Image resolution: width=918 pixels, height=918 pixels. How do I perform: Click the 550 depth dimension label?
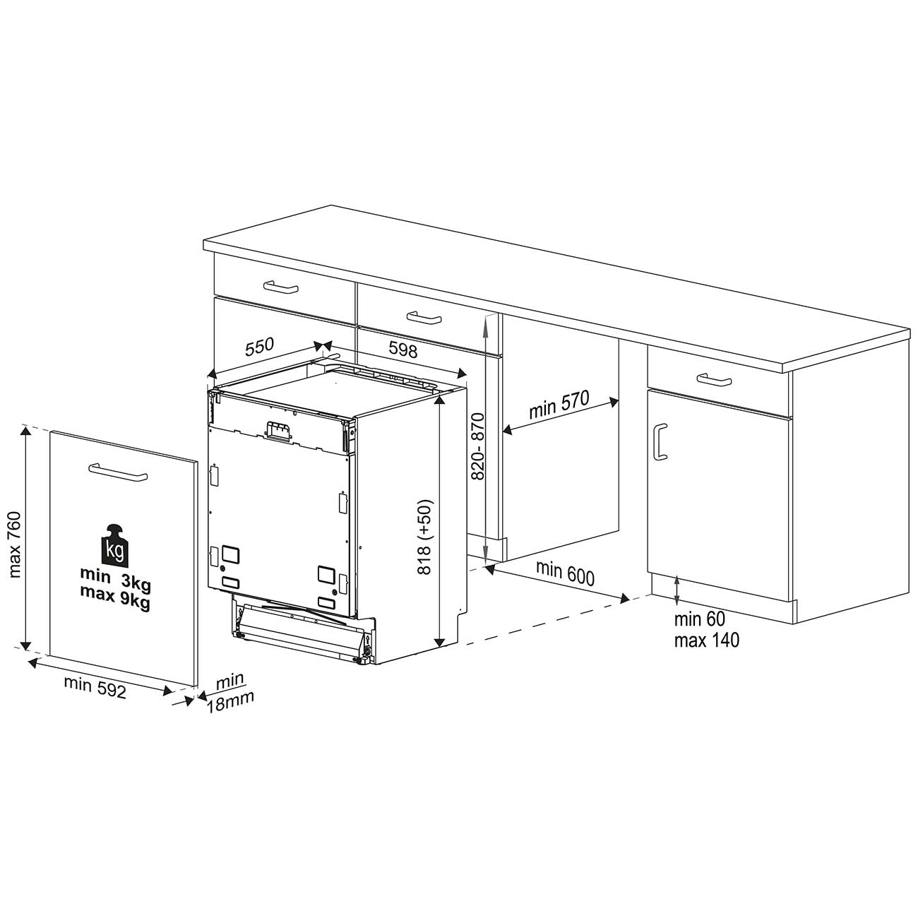pyautogui.click(x=260, y=347)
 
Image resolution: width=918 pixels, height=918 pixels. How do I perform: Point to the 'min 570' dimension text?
pyautogui.click(x=559, y=405)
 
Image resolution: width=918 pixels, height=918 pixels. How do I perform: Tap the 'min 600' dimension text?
pyautogui.click(x=566, y=573)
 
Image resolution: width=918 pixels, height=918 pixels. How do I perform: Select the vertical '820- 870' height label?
pyautogui.click(x=477, y=446)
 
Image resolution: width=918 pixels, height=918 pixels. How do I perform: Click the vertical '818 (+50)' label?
pyautogui.click(x=424, y=537)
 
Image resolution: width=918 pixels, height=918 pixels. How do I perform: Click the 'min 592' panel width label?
pyautogui.click(x=95, y=688)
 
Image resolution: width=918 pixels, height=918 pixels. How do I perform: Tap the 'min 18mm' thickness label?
pyautogui.click(x=229, y=693)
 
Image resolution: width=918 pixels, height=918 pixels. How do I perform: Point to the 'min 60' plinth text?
pyautogui.click(x=699, y=619)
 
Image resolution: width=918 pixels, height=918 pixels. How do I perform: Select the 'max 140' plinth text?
pyautogui.click(x=706, y=640)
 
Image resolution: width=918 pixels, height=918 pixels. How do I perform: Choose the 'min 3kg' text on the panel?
pyautogui.click(x=115, y=577)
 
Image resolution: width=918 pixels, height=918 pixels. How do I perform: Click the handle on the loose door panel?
pyautogui.click(x=118, y=473)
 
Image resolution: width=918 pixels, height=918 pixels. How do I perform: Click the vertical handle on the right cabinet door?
pyautogui.click(x=660, y=442)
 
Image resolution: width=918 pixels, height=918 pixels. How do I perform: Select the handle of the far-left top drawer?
pyautogui.click(x=280, y=287)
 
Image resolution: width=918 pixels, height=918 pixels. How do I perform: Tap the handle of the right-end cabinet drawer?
pyautogui.click(x=714, y=379)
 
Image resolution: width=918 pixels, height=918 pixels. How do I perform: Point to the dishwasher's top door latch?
pyautogui.click(x=278, y=431)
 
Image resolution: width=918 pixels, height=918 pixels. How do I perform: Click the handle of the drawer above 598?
pyautogui.click(x=424, y=317)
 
